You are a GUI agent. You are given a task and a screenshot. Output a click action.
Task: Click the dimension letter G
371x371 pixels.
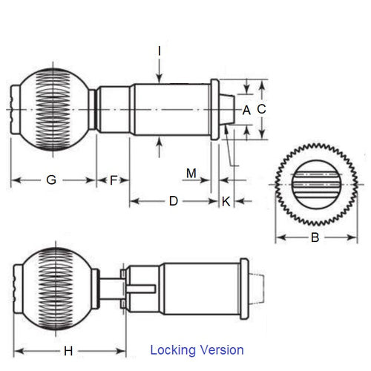coord(50,180)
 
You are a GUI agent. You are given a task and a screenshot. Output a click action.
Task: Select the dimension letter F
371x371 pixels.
coord(114,180)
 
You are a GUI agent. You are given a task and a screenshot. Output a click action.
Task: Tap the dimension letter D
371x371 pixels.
coord(173,200)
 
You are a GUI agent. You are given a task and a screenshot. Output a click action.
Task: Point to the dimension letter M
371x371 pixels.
coord(191,173)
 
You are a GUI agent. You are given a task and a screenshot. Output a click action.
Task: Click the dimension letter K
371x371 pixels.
coord(226,200)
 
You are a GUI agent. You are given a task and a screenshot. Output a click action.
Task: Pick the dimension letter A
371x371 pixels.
coord(246,110)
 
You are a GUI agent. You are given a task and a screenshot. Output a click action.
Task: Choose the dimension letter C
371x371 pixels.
coord(261,108)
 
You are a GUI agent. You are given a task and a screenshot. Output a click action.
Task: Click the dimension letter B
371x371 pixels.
coord(315,238)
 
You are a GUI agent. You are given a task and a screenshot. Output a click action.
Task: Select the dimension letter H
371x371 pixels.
coord(68,350)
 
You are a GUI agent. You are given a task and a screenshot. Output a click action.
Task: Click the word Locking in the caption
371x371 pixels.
coord(172,349)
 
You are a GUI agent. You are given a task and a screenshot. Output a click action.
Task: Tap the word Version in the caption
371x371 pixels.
coord(220,349)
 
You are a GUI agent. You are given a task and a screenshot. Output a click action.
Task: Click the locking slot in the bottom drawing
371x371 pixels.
coord(141,286)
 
